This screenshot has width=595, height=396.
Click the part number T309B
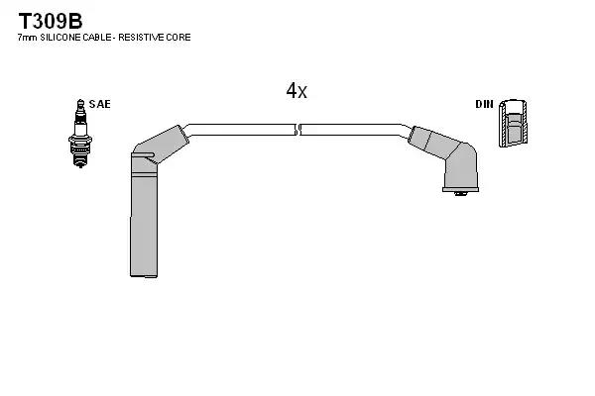(51, 21)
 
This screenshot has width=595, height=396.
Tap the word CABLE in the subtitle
(97, 38)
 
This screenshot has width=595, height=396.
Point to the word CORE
(178, 38)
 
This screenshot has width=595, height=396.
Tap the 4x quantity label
(297, 91)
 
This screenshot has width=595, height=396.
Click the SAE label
(100, 104)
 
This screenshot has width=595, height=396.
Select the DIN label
(485, 104)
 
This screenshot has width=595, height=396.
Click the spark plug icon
(80, 134)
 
